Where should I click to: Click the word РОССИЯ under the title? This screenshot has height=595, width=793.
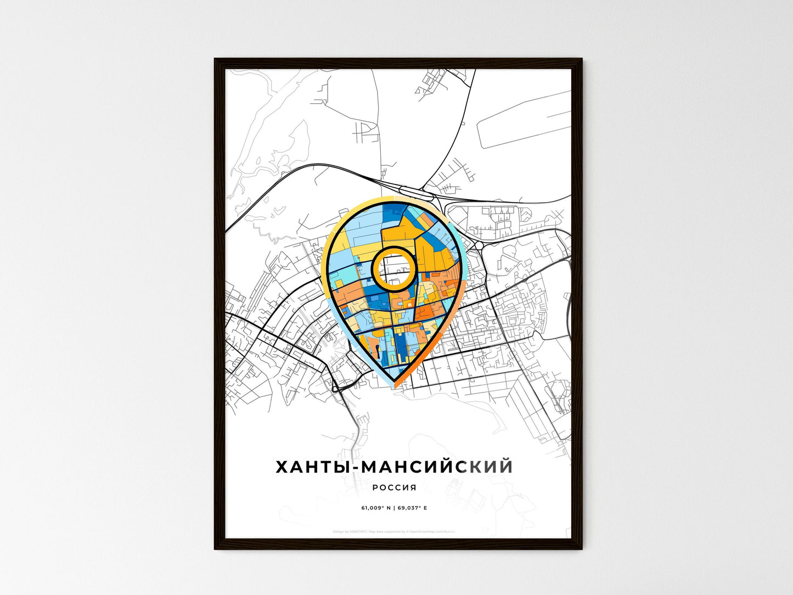coord(394,487)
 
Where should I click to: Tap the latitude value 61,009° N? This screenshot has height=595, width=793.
coord(375,508)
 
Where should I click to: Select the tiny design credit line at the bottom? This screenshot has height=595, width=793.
coord(394,531)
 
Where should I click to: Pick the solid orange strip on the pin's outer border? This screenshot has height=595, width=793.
coord(434,346)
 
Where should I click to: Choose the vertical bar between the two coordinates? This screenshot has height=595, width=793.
coord(394,508)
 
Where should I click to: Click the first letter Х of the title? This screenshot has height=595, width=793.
coord(282,467)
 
